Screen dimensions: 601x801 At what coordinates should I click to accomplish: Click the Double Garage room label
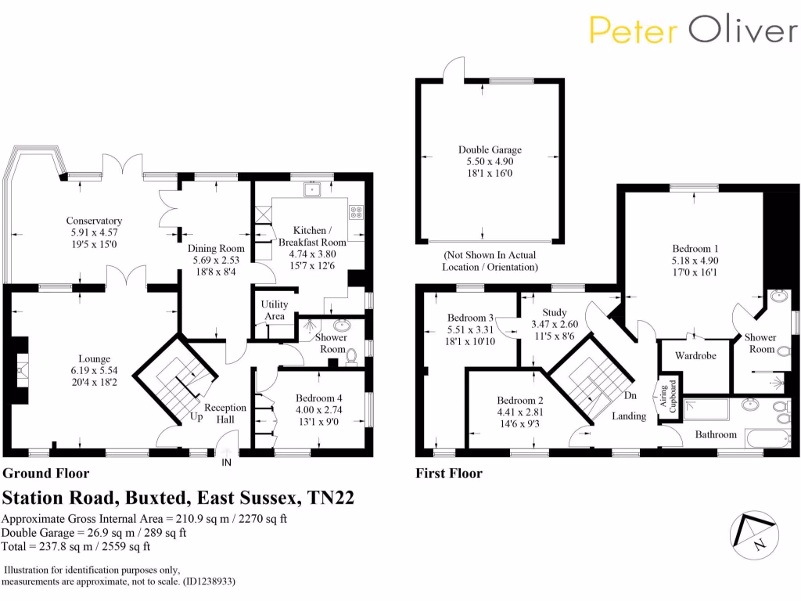(490, 149)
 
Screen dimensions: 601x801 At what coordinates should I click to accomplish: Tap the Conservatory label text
(93, 221)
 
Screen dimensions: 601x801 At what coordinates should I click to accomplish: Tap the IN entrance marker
(227, 463)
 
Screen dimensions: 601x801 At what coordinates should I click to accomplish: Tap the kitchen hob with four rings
(356, 211)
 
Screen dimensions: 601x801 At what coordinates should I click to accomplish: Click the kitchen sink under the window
(313, 189)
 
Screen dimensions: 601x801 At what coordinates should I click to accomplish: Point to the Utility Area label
(275, 310)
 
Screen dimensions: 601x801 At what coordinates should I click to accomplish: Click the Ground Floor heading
(47, 473)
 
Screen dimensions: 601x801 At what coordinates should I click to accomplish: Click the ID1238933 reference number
(207, 582)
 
